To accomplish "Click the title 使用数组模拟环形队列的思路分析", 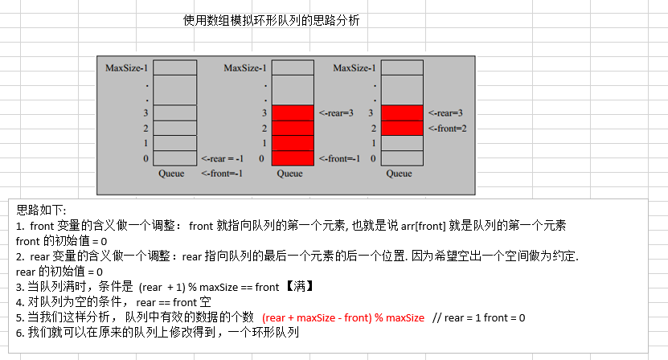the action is pyautogui.click(x=272, y=21).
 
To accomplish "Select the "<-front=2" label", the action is pyautogui.click(x=448, y=129).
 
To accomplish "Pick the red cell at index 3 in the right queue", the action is pyautogui.click(x=402, y=113).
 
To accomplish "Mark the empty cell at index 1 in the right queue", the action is pyautogui.click(x=402, y=143).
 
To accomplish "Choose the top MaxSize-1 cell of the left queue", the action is pyautogui.click(x=174, y=67).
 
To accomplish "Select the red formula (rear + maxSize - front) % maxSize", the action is pyautogui.click(x=343, y=318).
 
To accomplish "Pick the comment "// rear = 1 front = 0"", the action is pyautogui.click(x=479, y=318).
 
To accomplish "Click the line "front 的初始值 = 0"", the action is pyautogui.click(x=62, y=241).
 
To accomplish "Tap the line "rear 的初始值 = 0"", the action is pyautogui.click(x=59, y=272).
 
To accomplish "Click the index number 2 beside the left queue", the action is pyautogui.click(x=146, y=129).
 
